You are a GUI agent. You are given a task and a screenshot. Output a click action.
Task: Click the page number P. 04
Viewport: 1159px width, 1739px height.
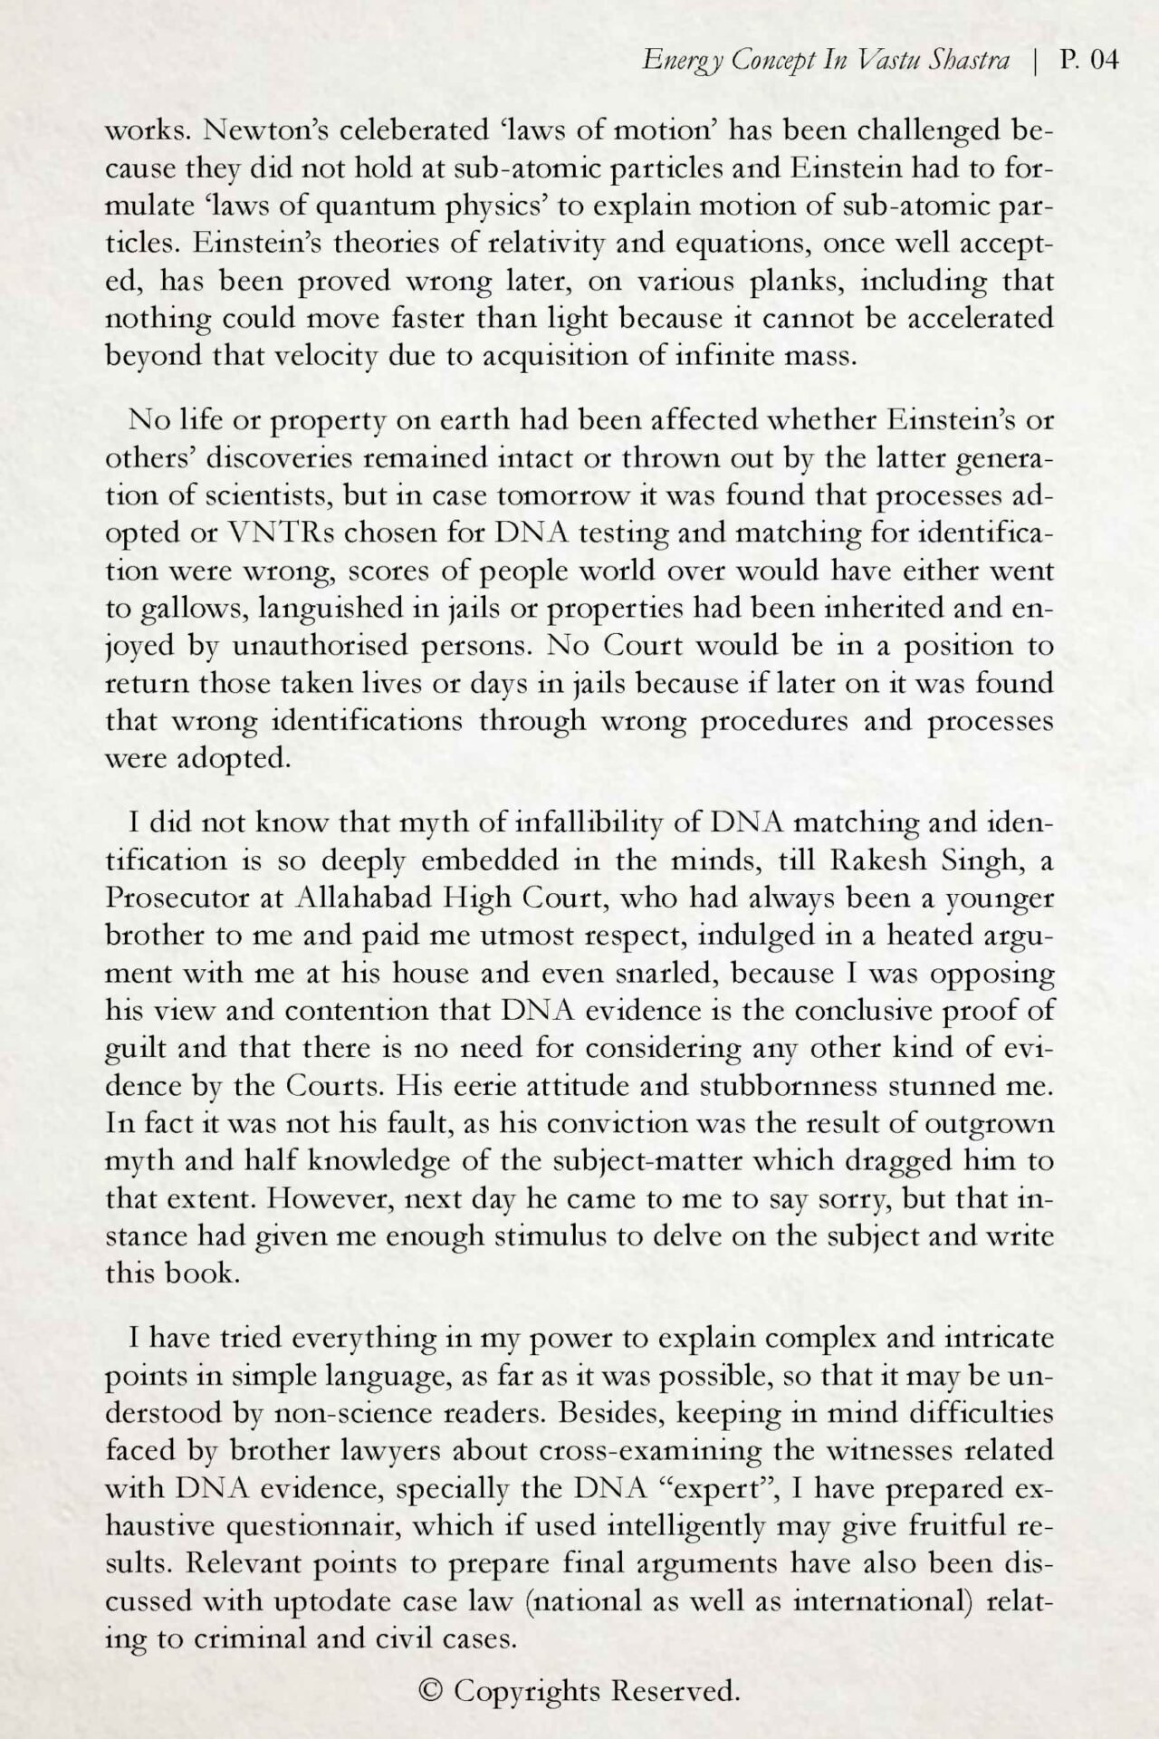(1088, 60)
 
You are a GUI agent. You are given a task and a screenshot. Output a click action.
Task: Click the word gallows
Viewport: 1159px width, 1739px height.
(186, 608)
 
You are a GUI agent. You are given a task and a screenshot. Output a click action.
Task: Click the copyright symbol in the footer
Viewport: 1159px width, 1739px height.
(432, 1690)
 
